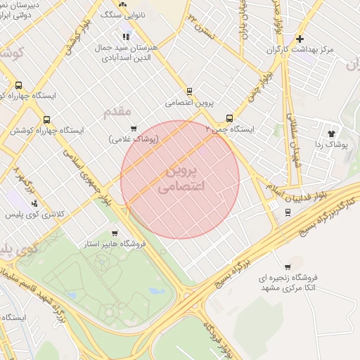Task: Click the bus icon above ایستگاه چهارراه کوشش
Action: point(47,120)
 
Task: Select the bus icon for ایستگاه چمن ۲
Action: point(229,119)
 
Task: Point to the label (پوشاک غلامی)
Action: point(134,139)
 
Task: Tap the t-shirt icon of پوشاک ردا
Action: point(331,132)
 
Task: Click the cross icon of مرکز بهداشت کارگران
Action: point(300,39)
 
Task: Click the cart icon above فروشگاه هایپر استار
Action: point(115,233)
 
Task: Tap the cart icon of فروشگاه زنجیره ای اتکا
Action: point(288,266)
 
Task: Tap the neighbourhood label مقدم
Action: point(117,111)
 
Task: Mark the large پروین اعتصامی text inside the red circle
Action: point(181,179)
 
